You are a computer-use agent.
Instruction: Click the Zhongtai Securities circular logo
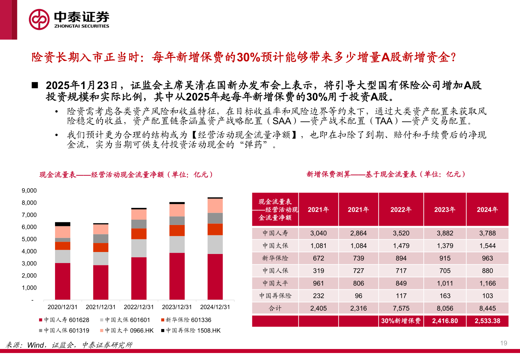(39, 19)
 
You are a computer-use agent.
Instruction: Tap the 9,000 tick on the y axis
(29, 191)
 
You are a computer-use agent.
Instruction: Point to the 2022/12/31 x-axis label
(139, 307)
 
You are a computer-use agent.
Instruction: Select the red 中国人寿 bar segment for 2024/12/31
(215, 277)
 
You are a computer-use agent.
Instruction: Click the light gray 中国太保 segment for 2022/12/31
(139, 248)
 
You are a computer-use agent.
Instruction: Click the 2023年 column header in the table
(445, 210)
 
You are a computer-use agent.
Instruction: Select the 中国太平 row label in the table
(275, 283)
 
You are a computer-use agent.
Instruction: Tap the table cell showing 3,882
(445, 233)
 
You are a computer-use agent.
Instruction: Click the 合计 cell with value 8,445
(487, 308)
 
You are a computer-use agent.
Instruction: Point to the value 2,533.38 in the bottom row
(487, 321)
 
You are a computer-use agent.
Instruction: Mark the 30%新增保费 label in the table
(401, 321)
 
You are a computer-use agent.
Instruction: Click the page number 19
(504, 343)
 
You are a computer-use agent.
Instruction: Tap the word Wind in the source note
(35, 345)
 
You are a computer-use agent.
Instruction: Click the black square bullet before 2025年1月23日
(35, 85)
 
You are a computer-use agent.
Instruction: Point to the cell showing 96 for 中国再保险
(358, 296)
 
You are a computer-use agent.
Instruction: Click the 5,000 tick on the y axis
(29, 239)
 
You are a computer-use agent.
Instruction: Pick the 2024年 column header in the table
(487, 210)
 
